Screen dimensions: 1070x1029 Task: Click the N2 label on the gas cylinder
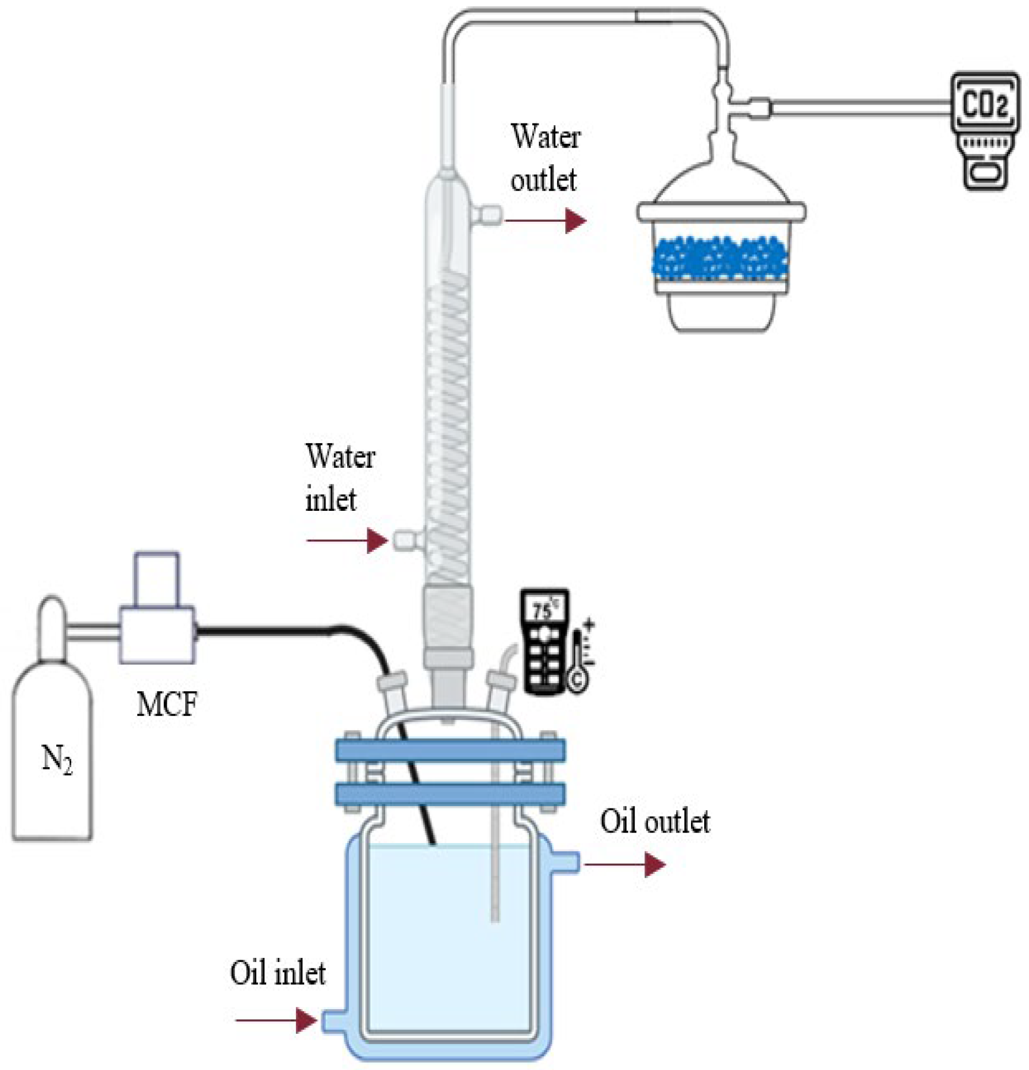(57, 759)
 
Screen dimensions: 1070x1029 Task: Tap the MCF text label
(167, 703)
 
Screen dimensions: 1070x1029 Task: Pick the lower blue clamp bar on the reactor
(450, 794)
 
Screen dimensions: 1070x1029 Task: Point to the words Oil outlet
(655, 821)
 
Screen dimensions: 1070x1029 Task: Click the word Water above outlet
(546, 137)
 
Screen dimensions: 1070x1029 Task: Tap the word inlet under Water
(331, 499)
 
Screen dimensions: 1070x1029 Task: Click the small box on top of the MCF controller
(156, 579)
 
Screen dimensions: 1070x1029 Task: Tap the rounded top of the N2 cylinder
(52, 612)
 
